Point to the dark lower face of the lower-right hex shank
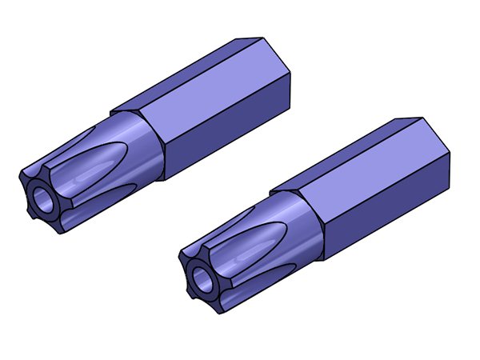click(x=392, y=214)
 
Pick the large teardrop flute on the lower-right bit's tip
click(x=260, y=244)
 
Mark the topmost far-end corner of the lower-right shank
click(x=417, y=118)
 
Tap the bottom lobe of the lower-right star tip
click(x=221, y=307)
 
